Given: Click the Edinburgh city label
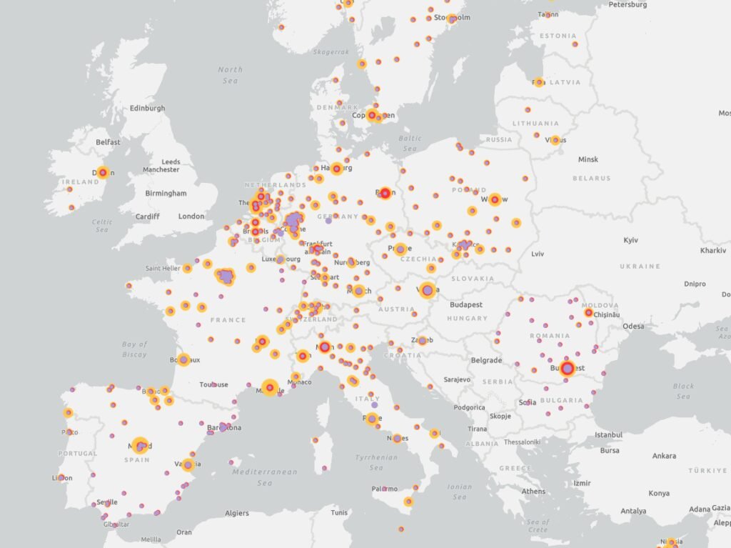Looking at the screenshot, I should (147, 109).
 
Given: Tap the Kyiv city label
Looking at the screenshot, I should (630, 240).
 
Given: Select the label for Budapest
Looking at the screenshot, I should (465, 304).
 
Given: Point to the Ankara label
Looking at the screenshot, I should (663, 456).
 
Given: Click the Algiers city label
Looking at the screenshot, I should (237, 513).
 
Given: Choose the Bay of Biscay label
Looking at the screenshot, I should (134, 349).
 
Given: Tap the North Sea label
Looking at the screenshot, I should (230, 75).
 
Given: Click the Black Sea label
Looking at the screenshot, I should (683, 391).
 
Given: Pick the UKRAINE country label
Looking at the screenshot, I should (640, 266).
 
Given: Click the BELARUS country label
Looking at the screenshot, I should (590, 178).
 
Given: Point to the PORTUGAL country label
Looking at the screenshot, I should (77, 454).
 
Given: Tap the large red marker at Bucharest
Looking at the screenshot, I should (568, 369).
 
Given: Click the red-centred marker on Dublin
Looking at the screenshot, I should (103, 172).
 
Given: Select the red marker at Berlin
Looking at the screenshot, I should (385, 192).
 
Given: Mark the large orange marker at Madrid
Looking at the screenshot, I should (140, 446).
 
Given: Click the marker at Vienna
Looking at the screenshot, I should (428, 289).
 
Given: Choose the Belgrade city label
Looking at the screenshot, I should (486, 361).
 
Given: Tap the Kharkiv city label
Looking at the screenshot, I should (712, 251).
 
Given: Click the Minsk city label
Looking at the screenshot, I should (588, 159).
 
